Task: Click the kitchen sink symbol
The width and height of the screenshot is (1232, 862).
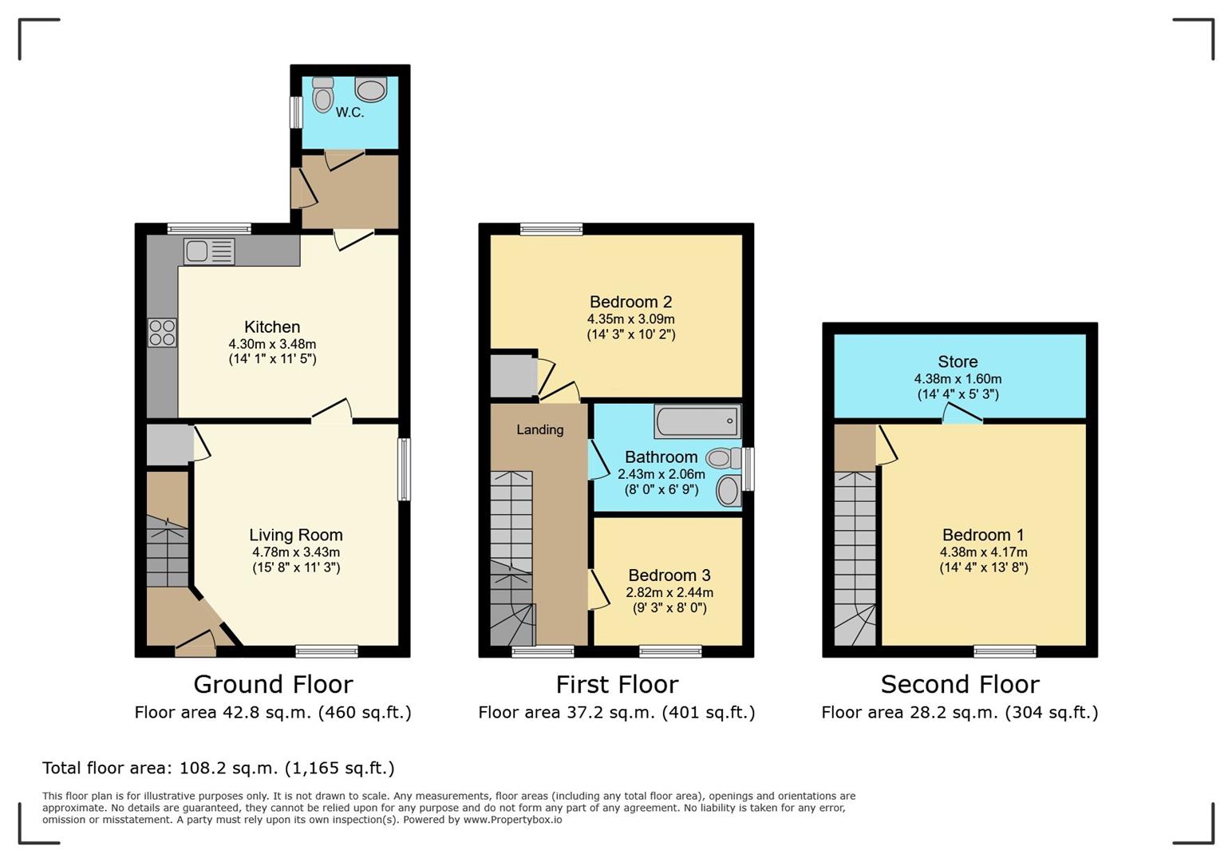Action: click(x=209, y=251)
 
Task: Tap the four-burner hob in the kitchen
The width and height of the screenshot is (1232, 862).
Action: click(x=162, y=333)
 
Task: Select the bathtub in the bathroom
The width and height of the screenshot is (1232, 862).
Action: click(x=697, y=421)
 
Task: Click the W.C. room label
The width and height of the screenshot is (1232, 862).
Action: click(x=349, y=113)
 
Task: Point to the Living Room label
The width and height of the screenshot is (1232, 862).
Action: click(x=295, y=535)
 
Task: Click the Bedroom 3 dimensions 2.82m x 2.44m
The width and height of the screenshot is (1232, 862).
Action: click(x=669, y=592)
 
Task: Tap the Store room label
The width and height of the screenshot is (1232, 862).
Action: click(x=958, y=362)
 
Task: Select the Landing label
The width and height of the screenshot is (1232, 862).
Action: click(x=539, y=429)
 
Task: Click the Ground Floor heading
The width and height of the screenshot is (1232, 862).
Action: click(x=273, y=684)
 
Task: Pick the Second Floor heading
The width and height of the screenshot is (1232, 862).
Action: click(x=960, y=684)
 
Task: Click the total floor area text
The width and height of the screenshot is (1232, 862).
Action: click(x=218, y=768)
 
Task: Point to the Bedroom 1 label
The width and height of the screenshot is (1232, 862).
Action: click(x=983, y=535)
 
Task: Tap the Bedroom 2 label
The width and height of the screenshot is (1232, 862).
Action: click(x=630, y=302)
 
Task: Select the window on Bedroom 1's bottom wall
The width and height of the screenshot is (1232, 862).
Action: click(x=1005, y=651)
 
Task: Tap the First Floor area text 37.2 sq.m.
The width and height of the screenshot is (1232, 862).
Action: click(x=616, y=712)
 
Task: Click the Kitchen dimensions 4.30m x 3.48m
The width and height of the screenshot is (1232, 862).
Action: click(x=272, y=344)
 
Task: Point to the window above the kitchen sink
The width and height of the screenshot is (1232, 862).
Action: click(x=209, y=229)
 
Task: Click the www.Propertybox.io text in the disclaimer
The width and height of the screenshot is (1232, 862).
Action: click(x=512, y=820)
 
